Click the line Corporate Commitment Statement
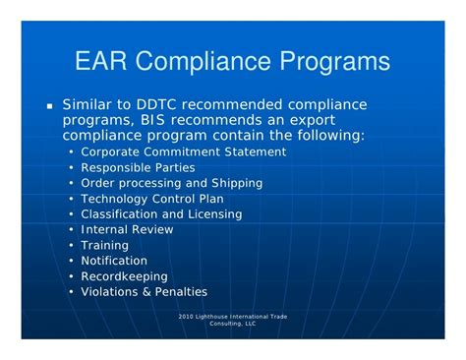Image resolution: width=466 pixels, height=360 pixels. (183, 151)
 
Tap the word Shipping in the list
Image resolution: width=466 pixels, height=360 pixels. (236, 183)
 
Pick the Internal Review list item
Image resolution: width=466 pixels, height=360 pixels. (127, 230)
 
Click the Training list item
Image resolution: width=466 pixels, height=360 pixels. (104, 246)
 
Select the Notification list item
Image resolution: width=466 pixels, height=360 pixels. (114, 261)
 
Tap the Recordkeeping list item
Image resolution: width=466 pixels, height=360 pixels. (124, 276)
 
